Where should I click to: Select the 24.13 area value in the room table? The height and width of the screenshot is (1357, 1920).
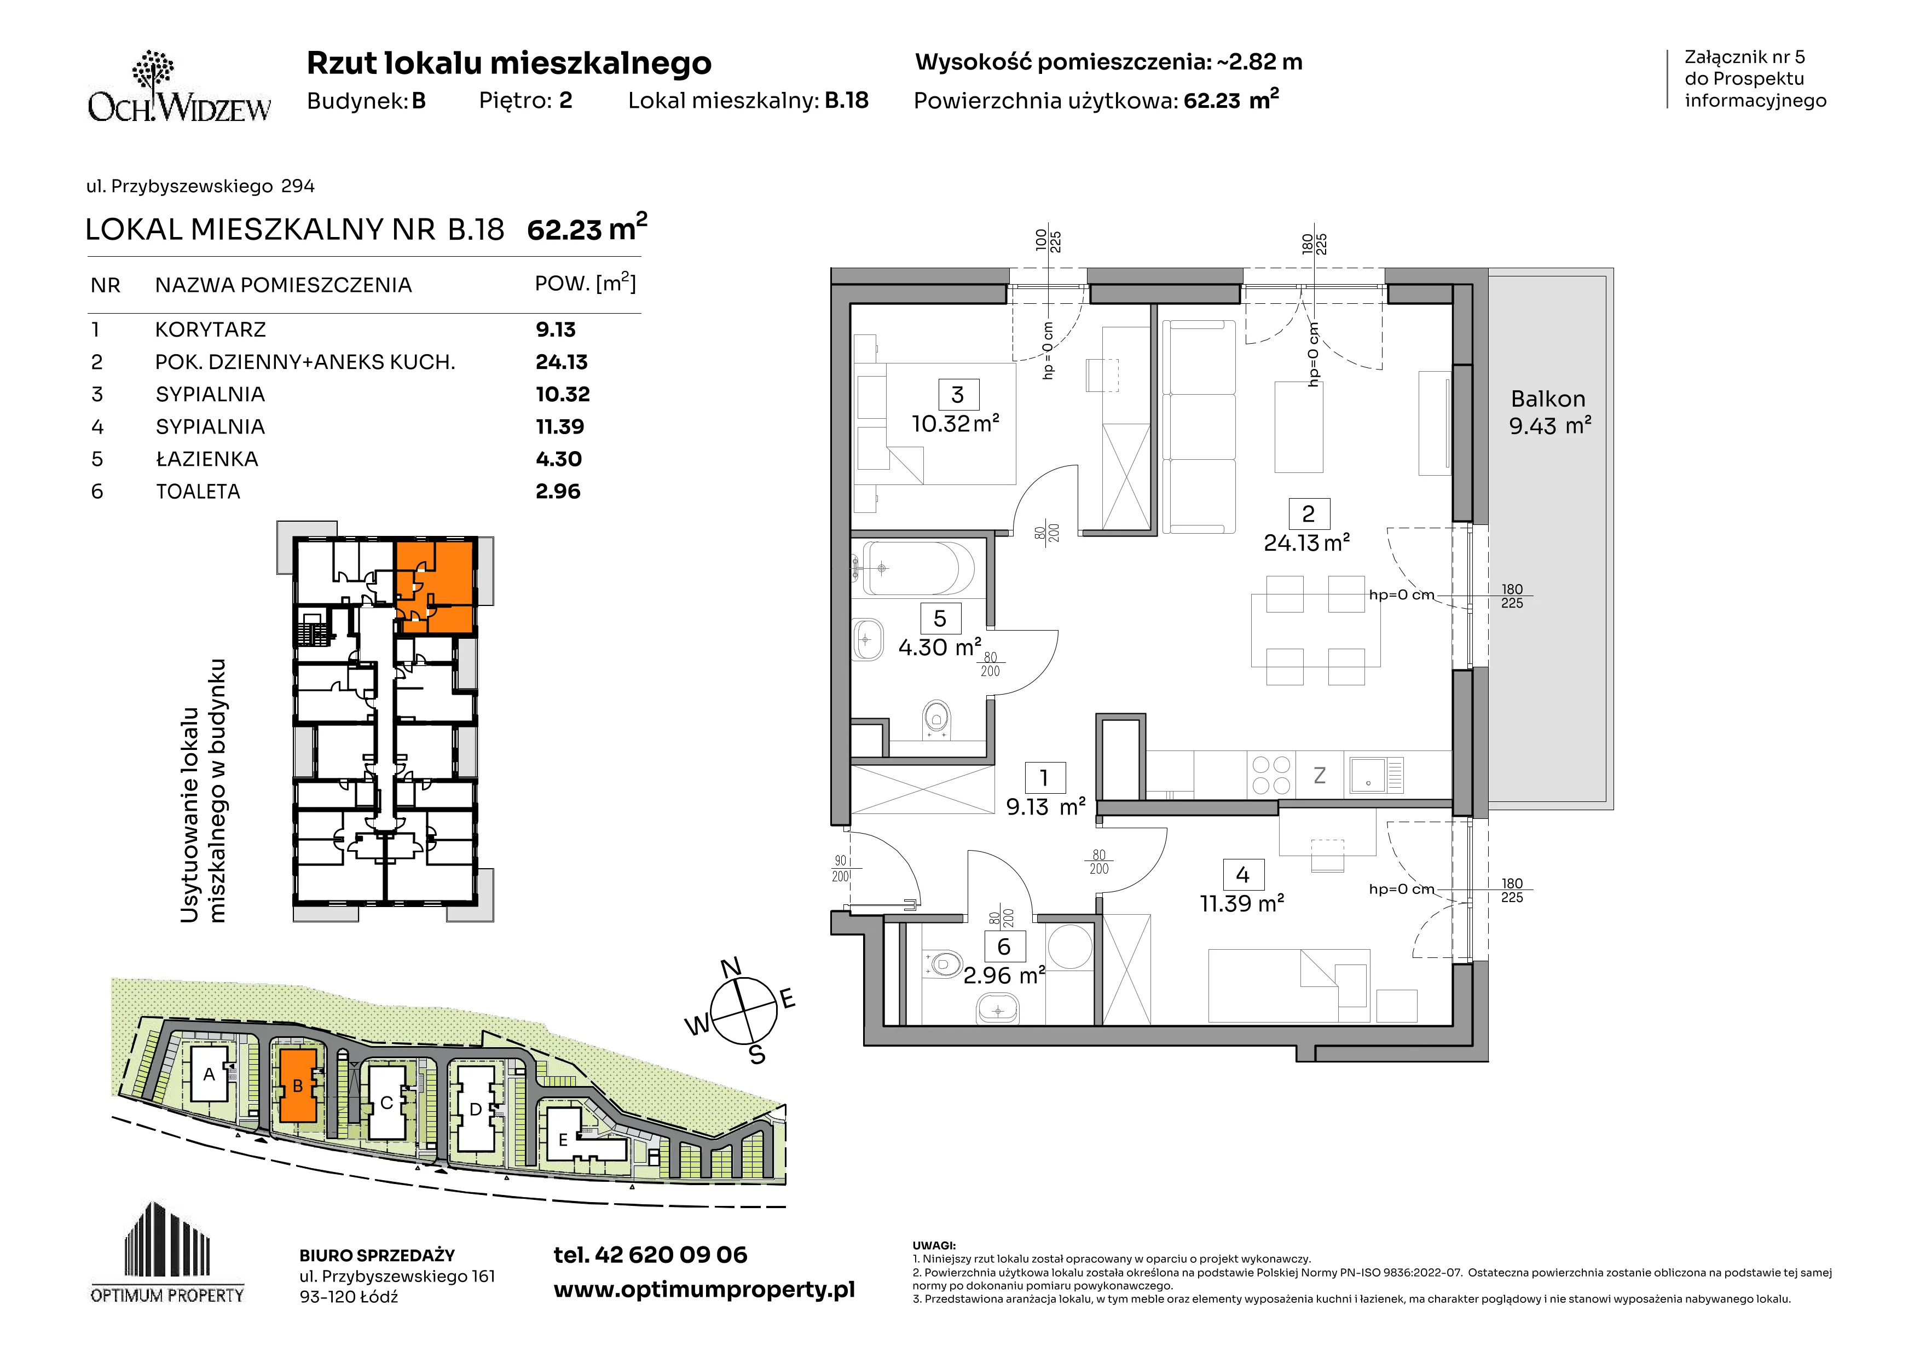pyautogui.click(x=561, y=362)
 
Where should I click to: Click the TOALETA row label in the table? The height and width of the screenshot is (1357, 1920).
pyautogui.click(x=198, y=492)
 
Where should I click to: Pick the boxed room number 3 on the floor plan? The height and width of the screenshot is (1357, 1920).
pyautogui.click(x=957, y=395)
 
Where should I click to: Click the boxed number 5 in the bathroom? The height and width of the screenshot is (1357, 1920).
pyautogui.click(x=940, y=619)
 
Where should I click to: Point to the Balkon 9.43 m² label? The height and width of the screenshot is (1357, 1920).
pyautogui.click(x=1549, y=412)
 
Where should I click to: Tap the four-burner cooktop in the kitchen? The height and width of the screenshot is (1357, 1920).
pyautogui.click(x=1270, y=774)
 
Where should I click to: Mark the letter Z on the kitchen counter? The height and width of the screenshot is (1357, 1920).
pyautogui.click(x=1320, y=776)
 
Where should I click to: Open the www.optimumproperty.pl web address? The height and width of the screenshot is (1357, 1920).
pyautogui.click(x=704, y=1290)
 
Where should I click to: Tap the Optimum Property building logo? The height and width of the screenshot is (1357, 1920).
pyautogui.click(x=167, y=1252)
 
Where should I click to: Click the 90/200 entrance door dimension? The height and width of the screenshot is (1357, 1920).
pyautogui.click(x=841, y=868)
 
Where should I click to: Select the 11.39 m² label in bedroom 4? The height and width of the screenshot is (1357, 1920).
pyautogui.click(x=1242, y=904)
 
